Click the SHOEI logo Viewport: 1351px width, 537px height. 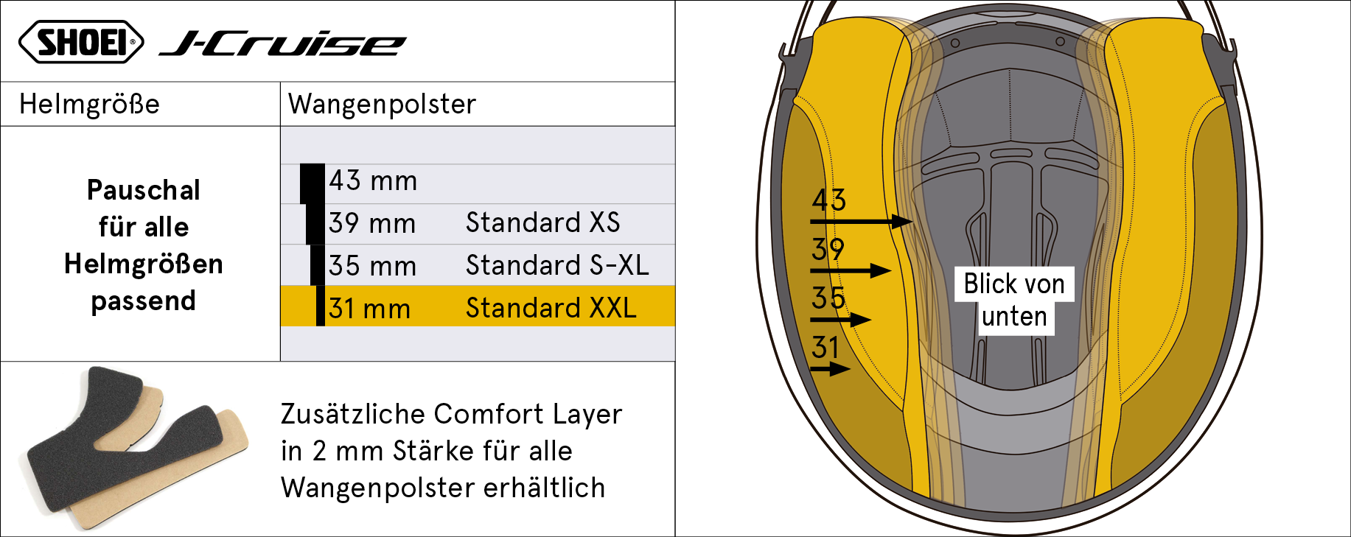tap(81, 42)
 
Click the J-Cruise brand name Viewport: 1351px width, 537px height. tap(282, 43)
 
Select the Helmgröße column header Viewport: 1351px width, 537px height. tap(89, 104)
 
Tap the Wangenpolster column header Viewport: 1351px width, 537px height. tap(382, 104)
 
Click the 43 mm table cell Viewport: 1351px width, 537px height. tap(373, 180)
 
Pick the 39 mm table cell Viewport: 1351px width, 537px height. tap(372, 223)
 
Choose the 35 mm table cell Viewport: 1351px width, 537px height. tap(372, 266)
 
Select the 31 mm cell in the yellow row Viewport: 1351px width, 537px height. tap(369, 309)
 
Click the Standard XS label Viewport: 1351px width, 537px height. tap(543, 222)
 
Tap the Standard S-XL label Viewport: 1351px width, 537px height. tap(557, 265)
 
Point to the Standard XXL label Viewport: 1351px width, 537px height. tap(551, 308)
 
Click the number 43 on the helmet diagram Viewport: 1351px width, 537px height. tap(829, 200)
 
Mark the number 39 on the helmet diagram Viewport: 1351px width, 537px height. tap(828, 250)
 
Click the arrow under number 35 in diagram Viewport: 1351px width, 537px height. tap(841, 320)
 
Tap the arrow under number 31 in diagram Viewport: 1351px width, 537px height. tap(830, 368)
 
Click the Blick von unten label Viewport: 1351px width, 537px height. tap(1014, 301)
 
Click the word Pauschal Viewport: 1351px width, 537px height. tap(144, 190)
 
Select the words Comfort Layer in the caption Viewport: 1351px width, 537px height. tap(528, 414)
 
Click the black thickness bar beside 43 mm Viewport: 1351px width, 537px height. tap(313, 183)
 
